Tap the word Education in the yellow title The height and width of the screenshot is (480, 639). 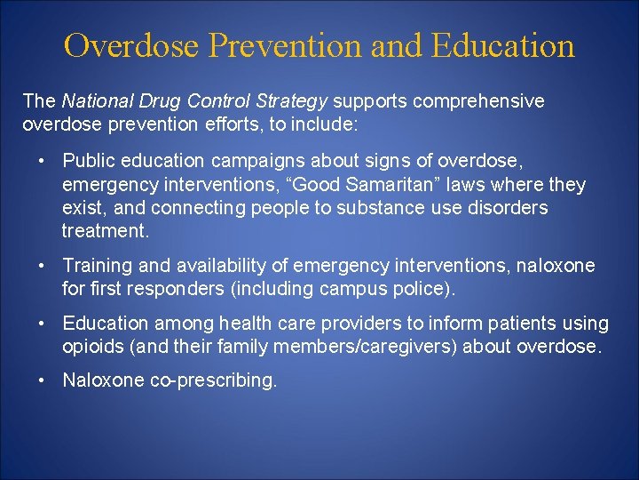coord(503,45)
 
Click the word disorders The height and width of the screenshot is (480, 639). coord(506,208)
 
